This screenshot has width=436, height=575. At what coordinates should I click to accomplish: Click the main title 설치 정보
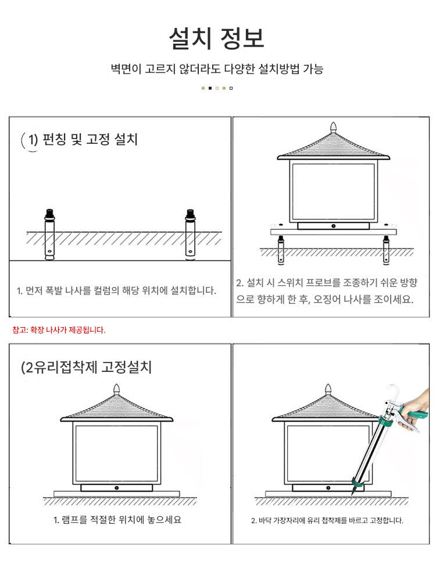pyautogui.click(x=216, y=38)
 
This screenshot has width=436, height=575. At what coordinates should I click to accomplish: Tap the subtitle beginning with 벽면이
pyautogui.click(x=217, y=69)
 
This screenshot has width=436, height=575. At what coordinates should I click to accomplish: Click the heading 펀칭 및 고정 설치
pyautogui.click(x=90, y=139)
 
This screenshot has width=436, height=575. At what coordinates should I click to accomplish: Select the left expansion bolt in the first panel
pyautogui.click(x=49, y=235)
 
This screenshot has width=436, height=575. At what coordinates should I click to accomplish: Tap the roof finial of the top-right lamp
pyautogui.click(x=333, y=127)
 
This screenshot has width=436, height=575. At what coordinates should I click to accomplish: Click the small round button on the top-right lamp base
pyautogui.click(x=334, y=226)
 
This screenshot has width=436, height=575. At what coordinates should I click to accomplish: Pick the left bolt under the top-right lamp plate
pyautogui.click(x=281, y=250)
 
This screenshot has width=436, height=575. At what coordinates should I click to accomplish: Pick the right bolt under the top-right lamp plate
pyautogui.click(x=386, y=250)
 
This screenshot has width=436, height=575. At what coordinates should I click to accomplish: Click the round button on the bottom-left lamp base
pyautogui.click(x=116, y=488)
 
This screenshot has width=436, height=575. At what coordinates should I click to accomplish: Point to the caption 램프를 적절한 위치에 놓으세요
pyautogui.click(x=117, y=520)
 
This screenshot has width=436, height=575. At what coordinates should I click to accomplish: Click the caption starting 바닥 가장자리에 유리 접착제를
pyautogui.click(x=327, y=520)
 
